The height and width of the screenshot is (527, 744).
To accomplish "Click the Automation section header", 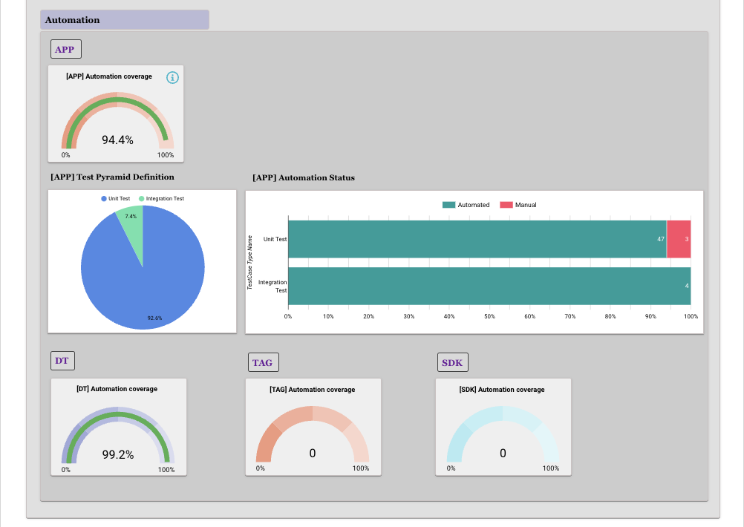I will (73, 20).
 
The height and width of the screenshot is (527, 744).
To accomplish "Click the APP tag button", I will (65, 50).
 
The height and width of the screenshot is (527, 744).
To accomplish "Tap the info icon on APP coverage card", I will (172, 77).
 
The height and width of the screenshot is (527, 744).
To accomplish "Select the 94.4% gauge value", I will (117, 140).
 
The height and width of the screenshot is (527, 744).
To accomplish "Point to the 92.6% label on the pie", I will (154, 318).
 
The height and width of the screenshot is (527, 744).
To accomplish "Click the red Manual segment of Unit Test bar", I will (679, 239).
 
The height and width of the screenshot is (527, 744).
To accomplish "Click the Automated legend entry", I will (467, 205).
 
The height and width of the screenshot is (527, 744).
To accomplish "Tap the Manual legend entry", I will (519, 205).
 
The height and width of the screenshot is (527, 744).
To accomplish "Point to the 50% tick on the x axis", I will (489, 316).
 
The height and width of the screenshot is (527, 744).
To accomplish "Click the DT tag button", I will (62, 361).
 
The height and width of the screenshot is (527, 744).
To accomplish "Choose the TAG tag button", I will (262, 363).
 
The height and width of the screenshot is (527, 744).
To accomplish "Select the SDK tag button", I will (452, 363).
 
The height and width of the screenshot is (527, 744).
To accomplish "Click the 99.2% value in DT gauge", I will (118, 455).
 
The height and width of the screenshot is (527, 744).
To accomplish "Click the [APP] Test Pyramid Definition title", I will (112, 177).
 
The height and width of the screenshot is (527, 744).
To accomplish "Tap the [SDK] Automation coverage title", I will (503, 390).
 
